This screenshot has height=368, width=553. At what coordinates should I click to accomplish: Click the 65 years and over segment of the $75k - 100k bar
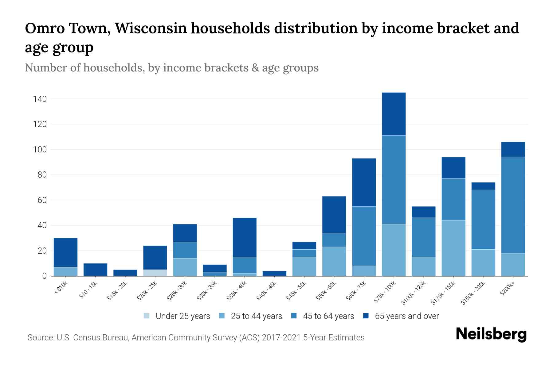pos(394,114)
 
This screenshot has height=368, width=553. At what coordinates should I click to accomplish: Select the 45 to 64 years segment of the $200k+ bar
pos(513,205)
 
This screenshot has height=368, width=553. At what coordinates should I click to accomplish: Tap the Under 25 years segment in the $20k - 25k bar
pos(155,273)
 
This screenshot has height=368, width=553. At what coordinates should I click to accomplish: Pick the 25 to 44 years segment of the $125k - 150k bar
pos(453,248)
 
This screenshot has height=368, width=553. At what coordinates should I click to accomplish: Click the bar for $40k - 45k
pos(274,273)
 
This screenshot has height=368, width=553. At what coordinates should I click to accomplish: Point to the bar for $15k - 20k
pos(125,273)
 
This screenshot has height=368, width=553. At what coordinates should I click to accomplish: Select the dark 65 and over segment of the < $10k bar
pos(65,252)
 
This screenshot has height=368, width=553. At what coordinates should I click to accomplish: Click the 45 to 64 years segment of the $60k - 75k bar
pos(364,236)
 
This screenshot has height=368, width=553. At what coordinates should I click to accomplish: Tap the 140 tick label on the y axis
pos(40,99)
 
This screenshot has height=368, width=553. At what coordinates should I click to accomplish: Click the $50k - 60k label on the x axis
pos(327,291)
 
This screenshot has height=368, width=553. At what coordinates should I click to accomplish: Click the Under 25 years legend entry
pos(182,316)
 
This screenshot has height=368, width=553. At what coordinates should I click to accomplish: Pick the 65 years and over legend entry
pos(406,316)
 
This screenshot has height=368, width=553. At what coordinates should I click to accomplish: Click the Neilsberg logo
pos(491,334)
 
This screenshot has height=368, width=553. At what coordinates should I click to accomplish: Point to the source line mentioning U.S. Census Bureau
pos(196,338)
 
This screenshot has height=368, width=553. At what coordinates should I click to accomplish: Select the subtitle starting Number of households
pos(171,68)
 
